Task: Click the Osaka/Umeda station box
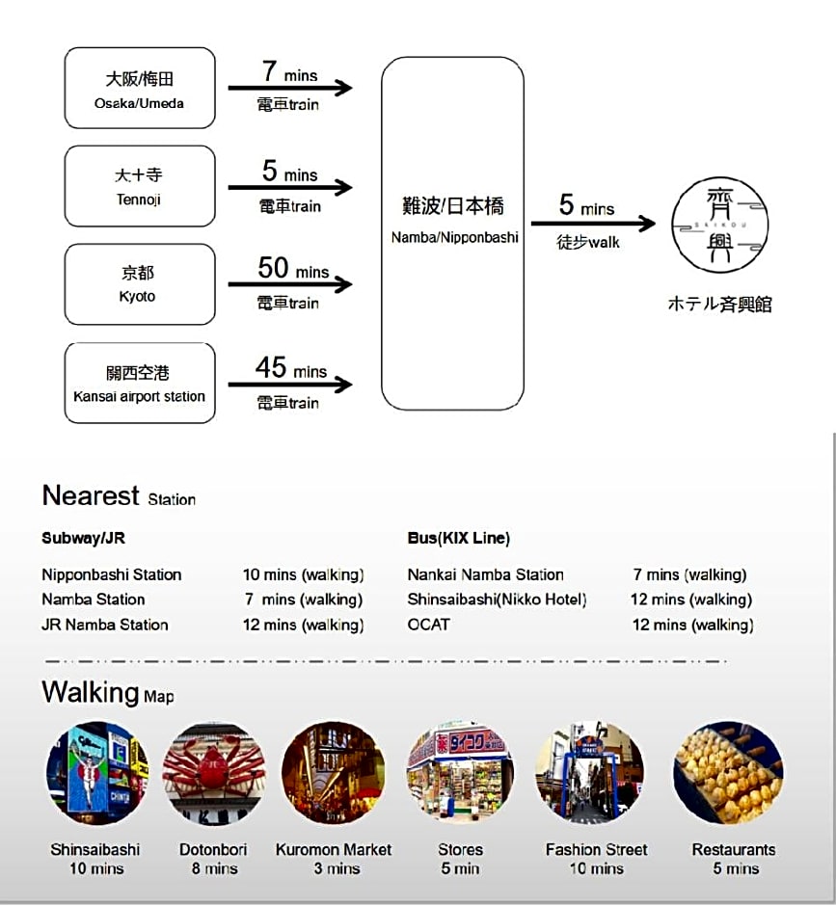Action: (140, 88)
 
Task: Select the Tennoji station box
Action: (140, 186)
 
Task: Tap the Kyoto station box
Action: (140, 284)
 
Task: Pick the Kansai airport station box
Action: (140, 383)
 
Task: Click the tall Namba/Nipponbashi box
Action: (452, 233)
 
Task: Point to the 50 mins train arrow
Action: (290, 284)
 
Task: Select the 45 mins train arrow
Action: (290, 385)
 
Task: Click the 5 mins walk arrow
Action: (593, 223)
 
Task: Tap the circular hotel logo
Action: (719, 226)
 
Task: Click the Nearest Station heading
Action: (119, 495)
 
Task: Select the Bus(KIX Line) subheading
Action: (458, 538)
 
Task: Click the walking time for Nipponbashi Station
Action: (303, 574)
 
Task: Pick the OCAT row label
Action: (428, 625)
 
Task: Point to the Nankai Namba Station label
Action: (486, 574)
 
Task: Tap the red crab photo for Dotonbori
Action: (214, 773)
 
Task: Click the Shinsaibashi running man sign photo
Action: (97, 773)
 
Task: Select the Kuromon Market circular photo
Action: (334, 773)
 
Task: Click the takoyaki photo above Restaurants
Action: (728, 773)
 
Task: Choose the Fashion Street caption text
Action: (597, 850)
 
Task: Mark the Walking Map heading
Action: (108, 692)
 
